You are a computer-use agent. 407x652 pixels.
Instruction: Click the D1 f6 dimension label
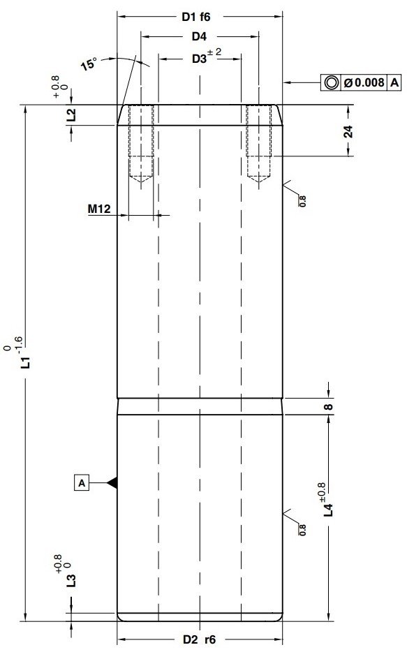tap(201, 16)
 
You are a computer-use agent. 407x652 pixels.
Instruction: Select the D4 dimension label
tap(200, 36)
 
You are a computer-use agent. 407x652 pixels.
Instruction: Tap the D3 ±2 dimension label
tap(202, 58)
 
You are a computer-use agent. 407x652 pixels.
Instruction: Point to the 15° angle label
tap(88, 65)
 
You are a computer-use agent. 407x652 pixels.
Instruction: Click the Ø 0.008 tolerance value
tap(364, 82)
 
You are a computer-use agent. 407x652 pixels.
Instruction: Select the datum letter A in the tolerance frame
tap(394, 82)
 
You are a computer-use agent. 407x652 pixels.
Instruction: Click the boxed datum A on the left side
tap(82, 482)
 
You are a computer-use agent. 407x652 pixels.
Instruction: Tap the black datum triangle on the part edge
tap(111, 482)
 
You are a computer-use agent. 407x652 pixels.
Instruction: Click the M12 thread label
tap(101, 209)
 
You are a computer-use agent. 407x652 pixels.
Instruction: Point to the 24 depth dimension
tap(348, 131)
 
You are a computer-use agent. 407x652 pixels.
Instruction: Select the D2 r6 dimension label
tap(199, 639)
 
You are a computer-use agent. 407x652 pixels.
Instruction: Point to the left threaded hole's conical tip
tap(142, 179)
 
